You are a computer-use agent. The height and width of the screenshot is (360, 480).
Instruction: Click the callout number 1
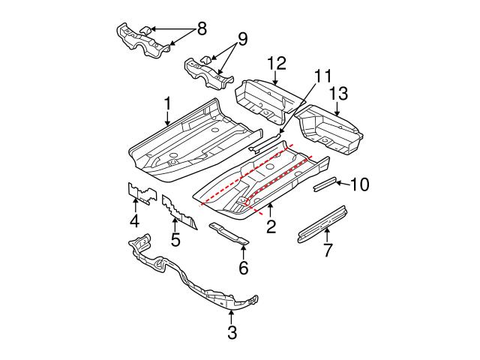click(x=168, y=103)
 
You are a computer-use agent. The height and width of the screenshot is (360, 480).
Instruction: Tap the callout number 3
click(x=232, y=331)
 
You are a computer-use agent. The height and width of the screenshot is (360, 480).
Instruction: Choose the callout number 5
click(x=175, y=240)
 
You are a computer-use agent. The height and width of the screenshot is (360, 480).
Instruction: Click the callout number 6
click(x=242, y=267)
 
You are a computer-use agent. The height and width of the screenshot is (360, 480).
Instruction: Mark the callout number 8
click(x=200, y=29)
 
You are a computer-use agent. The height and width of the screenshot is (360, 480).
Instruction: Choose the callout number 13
click(x=338, y=94)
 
